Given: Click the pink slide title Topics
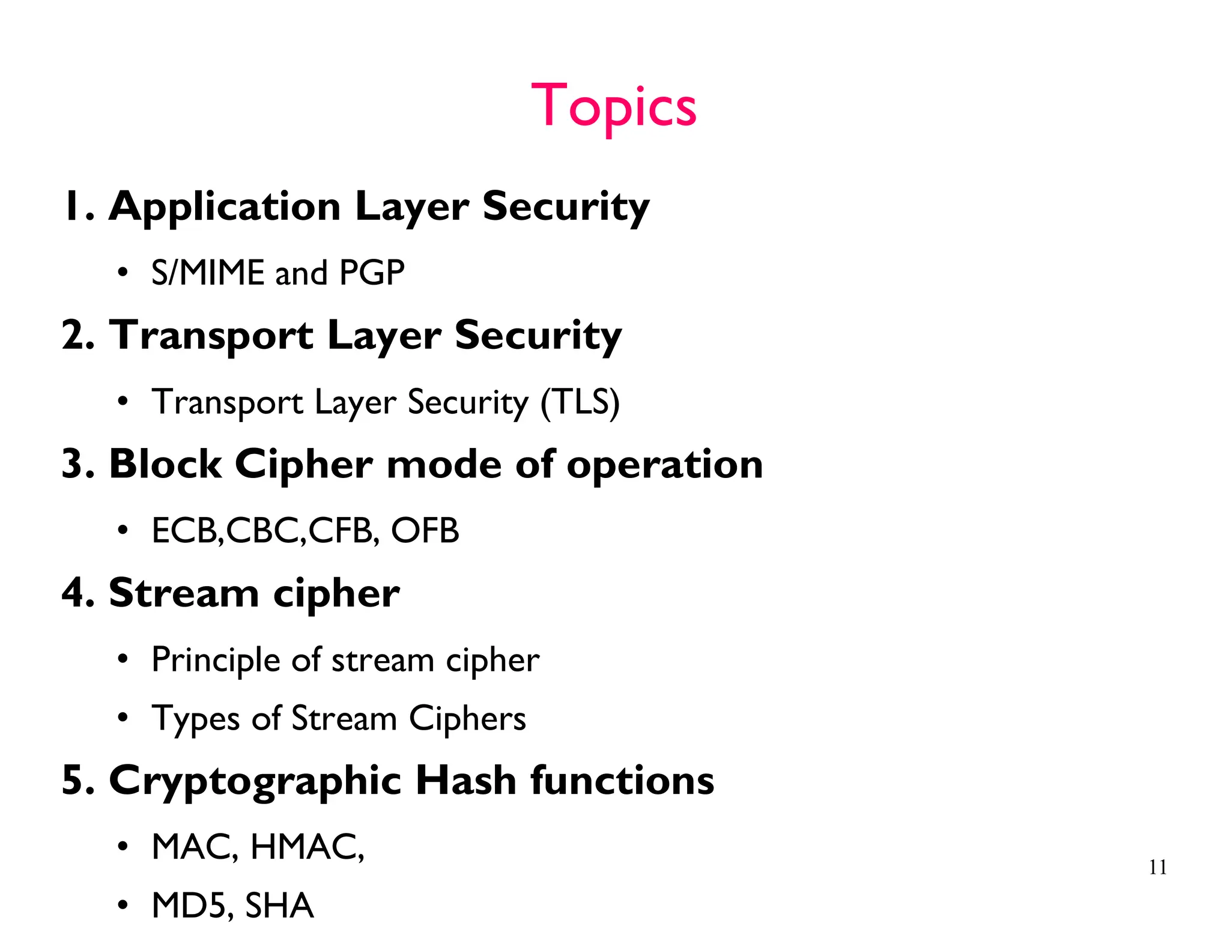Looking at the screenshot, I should pos(613,106).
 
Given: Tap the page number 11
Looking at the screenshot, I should pos(1157,867).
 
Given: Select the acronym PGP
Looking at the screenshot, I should pos(372,273).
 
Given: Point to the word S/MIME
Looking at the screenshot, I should pos(208,273).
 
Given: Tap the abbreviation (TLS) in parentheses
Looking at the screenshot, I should pos(580,402).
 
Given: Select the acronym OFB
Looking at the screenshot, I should pos(425,531).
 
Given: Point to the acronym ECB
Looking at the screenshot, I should pos(185,531).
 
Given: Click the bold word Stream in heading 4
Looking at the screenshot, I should pos(184,593).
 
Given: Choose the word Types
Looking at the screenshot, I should pos(195,719).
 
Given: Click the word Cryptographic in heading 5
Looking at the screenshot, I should pos(255,782).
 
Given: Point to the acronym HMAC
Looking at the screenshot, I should pos(305,847).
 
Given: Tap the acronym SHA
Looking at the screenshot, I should pos(279,906).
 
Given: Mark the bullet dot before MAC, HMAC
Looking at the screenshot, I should pos(123,847).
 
